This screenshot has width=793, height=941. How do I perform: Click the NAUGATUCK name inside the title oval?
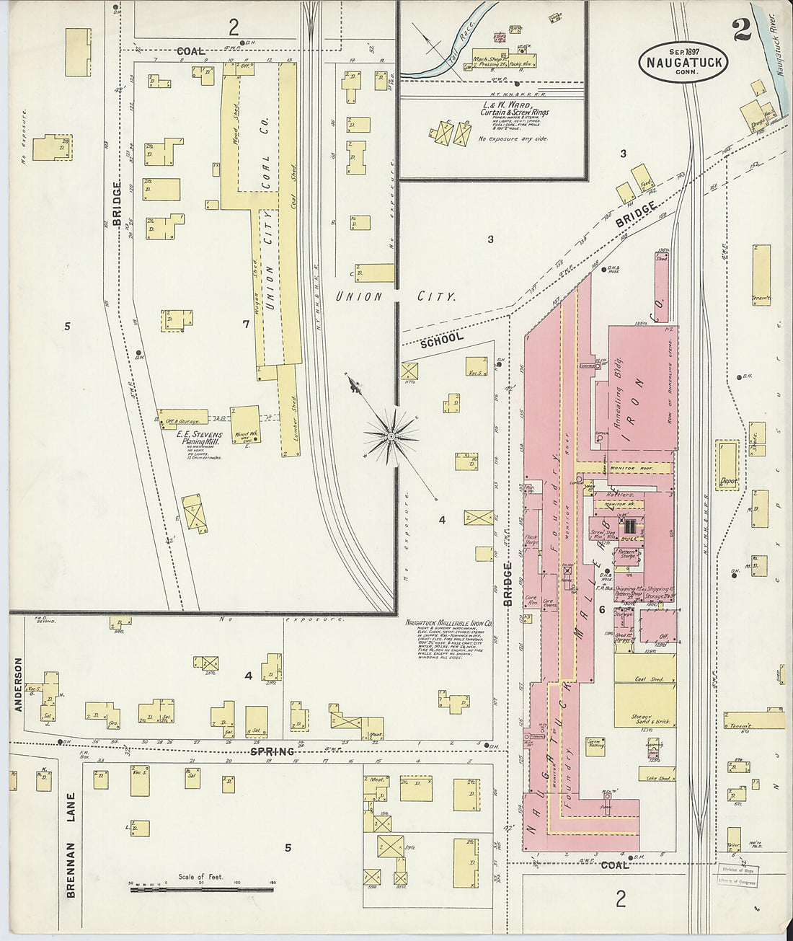[683, 64]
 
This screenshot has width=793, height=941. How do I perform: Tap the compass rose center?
[390, 436]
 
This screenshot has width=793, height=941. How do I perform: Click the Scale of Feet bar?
[201, 890]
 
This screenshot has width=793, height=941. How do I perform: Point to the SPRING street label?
[273, 751]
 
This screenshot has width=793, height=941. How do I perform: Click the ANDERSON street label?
[18, 684]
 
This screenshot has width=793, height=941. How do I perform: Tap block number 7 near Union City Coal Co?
[246, 324]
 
